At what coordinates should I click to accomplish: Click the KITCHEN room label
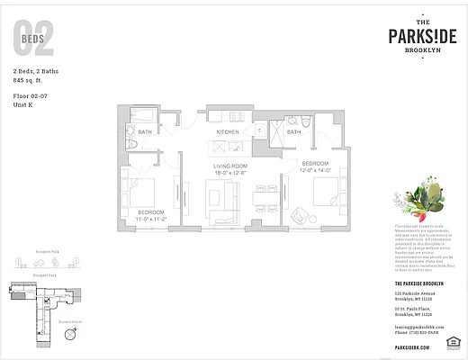coord(227,132)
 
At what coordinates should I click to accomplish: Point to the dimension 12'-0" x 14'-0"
coord(316,169)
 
